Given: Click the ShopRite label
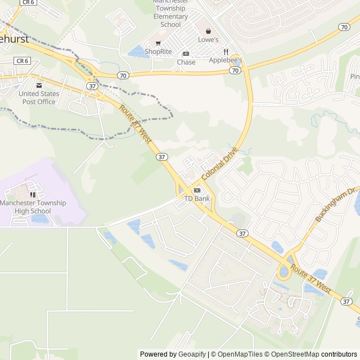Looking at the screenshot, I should [x=157, y=51].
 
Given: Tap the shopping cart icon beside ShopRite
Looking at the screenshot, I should [x=158, y=43].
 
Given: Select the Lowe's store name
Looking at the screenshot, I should [x=208, y=39].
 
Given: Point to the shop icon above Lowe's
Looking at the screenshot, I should [x=208, y=31].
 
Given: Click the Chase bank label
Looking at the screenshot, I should [x=186, y=62].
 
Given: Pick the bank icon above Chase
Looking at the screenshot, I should [x=186, y=54].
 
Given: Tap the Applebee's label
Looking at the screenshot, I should [x=226, y=60].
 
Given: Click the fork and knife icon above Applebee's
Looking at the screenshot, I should [x=226, y=51].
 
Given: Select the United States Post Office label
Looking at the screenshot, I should [x=39, y=97].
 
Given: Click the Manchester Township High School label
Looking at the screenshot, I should [x=33, y=207].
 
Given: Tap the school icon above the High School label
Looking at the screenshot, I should [x=33, y=195].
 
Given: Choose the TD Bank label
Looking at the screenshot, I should [x=197, y=199].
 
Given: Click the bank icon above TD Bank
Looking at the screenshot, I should [x=197, y=191].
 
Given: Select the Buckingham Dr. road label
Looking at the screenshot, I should [x=336, y=205].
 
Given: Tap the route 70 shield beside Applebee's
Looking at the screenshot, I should [x=235, y=70].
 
